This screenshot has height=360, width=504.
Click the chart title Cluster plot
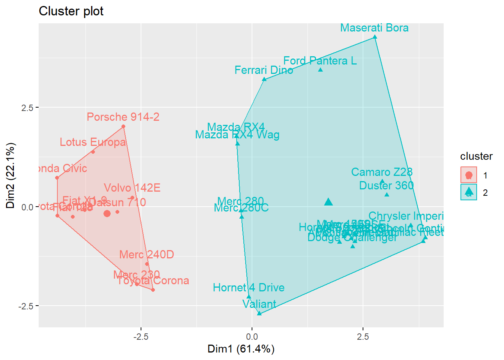tap(71, 11)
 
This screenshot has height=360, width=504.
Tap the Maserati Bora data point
tap(375, 37)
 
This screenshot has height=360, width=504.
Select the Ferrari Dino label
tap(264, 70)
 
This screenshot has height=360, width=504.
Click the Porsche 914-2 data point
tap(123, 127)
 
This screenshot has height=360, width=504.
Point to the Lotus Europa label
tap(93, 142)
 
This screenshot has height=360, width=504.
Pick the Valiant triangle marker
tap(259, 313)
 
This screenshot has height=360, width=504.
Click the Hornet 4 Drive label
tap(249, 288)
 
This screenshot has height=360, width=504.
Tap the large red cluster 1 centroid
tap(107, 213)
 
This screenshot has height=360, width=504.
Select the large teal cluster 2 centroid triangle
tap(328, 202)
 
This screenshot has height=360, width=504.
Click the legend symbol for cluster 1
tap(469, 175)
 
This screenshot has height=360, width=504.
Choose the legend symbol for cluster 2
tap(469, 192)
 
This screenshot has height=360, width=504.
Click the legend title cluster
tap(476, 156)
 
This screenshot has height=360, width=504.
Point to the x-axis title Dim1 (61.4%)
tap(241, 349)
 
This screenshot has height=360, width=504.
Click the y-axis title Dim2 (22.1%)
tap(10, 175)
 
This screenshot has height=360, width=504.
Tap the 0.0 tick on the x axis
tap(252, 336)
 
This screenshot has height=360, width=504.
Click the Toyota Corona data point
tap(153, 290)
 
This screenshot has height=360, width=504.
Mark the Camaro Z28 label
tap(382, 172)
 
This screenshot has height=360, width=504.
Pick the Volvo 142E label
tap(132, 188)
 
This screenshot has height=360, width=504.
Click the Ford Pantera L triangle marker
tap(320, 70)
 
